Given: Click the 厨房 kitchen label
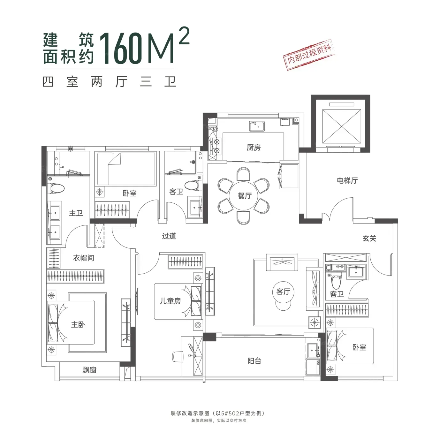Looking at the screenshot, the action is click(x=254, y=147).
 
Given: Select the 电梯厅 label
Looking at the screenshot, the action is click(x=347, y=180).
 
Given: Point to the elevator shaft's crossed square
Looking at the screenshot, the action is click(x=342, y=126).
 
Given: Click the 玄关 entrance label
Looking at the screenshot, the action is click(x=369, y=238).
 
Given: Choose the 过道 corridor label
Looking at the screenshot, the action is click(x=169, y=236).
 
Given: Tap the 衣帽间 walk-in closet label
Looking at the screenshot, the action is click(x=84, y=258).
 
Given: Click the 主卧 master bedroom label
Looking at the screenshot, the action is click(x=78, y=324).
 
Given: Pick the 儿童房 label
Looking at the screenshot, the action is click(x=170, y=301).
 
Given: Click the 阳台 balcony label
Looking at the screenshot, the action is click(x=254, y=361).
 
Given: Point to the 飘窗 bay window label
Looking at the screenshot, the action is click(x=89, y=370).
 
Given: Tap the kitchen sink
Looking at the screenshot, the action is click(x=257, y=126).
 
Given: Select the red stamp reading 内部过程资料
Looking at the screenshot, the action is click(x=309, y=54).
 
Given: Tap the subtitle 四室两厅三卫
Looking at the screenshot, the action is click(x=110, y=82).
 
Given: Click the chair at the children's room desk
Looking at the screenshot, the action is click(x=178, y=357).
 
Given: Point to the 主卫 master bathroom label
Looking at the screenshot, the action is click(x=76, y=213).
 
